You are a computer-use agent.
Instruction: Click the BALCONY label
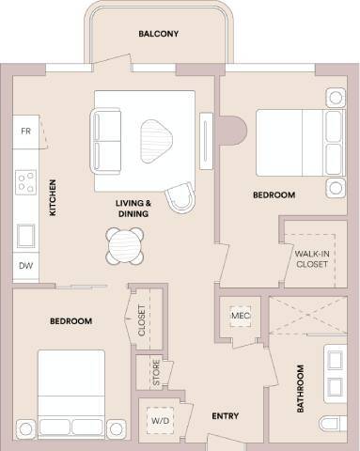(x=158, y=34)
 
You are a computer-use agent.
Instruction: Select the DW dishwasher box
(x=25, y=266)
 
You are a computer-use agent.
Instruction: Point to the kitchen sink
(x=26, y=231)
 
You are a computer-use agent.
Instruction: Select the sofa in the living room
(x=105, y=137)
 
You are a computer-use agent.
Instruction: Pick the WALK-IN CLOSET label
(x=311, y=258)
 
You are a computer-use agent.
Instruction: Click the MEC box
(x=239, y=315)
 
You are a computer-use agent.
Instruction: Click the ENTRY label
(x=225, y=416)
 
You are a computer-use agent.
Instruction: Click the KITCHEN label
(x=54, y=198)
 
